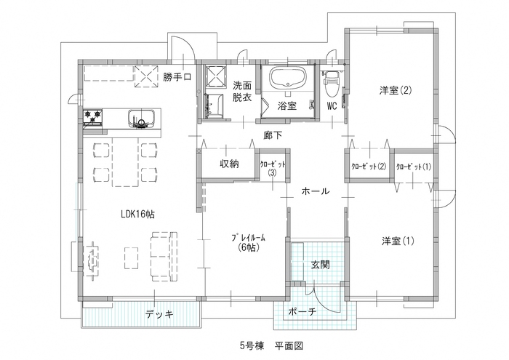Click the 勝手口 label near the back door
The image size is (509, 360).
[177, 78]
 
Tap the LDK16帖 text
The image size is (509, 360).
[138, 214]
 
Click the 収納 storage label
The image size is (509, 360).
[229, 164]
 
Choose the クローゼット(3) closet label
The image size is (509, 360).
[271, 169]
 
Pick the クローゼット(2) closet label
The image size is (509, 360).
[368, 167]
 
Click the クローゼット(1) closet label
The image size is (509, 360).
[413, 167]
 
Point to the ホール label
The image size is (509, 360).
[315, 191]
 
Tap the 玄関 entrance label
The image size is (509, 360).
[321, 265]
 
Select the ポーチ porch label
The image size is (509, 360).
[302, 313]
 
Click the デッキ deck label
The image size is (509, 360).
[159, 314]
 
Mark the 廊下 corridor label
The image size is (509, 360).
[273, 135]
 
